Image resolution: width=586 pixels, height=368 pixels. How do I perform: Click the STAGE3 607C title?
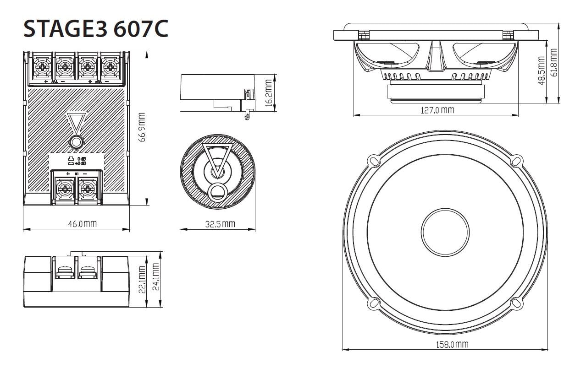[95, 28]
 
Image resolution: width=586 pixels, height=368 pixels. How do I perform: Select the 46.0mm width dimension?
[83, 224]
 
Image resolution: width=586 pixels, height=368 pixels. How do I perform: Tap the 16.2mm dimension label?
[268, 93]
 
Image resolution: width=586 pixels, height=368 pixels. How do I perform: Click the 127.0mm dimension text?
[437, 110]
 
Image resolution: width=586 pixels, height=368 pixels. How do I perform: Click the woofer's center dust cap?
[445, 232]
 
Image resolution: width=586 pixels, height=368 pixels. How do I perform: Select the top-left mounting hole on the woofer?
[374, 161]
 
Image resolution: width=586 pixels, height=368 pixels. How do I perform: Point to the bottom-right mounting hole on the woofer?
[516, 303]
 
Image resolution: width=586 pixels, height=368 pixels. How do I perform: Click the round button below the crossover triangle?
[76, 142]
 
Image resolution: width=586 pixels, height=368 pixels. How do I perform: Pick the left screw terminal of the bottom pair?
[65, 187]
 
